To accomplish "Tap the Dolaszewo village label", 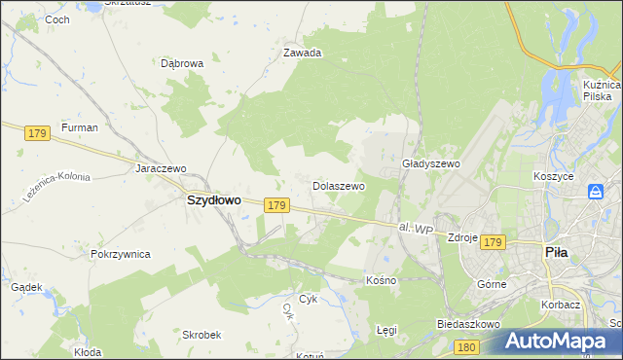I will click(338, 185).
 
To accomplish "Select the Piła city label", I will click(556, 251).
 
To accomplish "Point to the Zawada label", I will click(302, 54).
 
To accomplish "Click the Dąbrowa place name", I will click(182, 63).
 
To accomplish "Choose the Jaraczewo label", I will click(161, 168).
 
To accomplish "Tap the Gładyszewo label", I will click(430, 164).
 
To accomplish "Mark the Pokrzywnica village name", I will click(120, 254).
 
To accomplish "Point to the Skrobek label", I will click(202, 334).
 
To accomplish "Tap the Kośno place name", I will click(381, 279).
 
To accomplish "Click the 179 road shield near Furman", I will click(38, 132).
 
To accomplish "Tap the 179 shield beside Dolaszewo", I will click(276, 205).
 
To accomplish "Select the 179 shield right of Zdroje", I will click(493, 241).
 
